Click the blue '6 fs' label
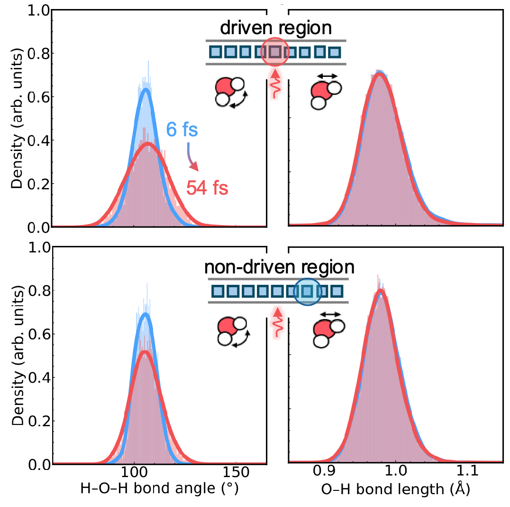[182, 130]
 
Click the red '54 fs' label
[207, 188]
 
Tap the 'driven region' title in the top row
[276, 28]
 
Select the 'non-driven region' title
[279, 267]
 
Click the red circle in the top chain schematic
[275, 38]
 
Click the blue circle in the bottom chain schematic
[307, 279]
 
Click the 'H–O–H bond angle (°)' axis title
[159, 488]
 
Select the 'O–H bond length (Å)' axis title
[395, 489]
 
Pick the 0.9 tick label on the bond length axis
[324, 471]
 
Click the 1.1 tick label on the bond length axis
[467, 471]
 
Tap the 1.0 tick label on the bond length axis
[395, 471]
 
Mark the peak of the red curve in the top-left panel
[148, 143]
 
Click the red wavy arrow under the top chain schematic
[275, 84]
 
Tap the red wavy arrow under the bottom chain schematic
[277, 322]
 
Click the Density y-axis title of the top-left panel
[17, 118]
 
